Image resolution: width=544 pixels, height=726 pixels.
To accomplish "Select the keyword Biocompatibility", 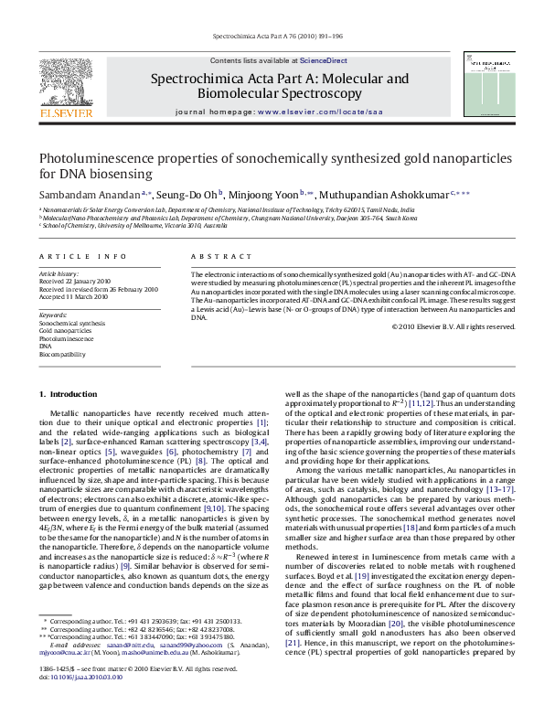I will [62, 354].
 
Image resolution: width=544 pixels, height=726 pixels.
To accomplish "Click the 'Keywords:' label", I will [53, 315].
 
